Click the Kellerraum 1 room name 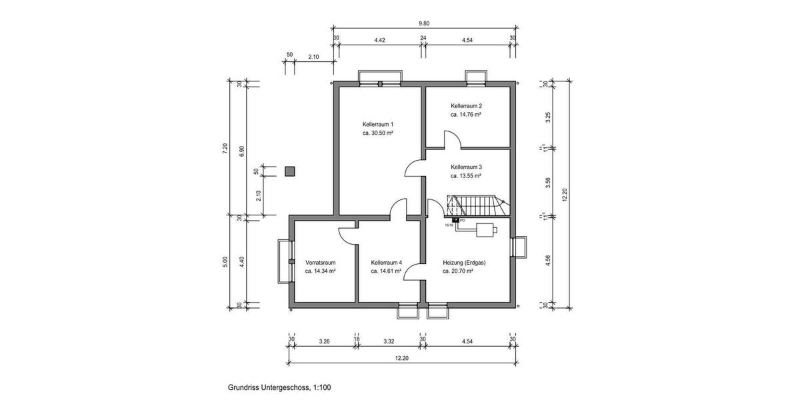click(x=378, y=125)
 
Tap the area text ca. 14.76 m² click(x=466, y=115)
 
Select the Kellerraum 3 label click(x=466, y=167)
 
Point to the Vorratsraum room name click(x=320, y=263)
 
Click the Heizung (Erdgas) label click(x=464, y=263)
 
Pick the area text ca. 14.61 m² click(x=386, y=271)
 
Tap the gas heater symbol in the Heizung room click(x=485, y=231)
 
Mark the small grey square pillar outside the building click(x=289, y=171)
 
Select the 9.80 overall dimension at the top click(x=424, y=23)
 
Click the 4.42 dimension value click(x=379, y=40)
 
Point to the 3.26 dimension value click(x=325, y=341)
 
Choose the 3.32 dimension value click(x=389, y=341)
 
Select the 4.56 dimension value click(x=548, y=261)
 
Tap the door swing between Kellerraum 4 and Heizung click(x=415, y=270)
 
